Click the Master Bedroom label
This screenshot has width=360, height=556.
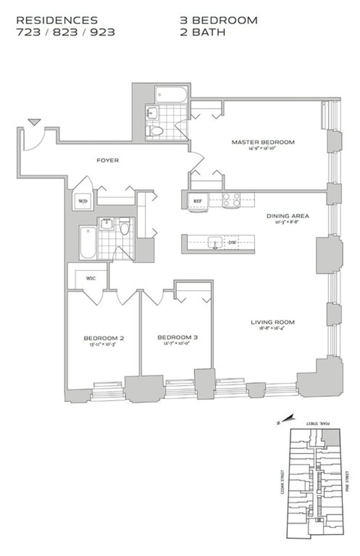tap(263, 142)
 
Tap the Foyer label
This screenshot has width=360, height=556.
tap(108, 160)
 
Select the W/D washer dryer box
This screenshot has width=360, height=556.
tap(83, 201)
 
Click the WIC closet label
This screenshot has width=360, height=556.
tap(91, 278)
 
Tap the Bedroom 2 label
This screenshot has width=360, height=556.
tap(103, 338)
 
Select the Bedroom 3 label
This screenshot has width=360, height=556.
tap(177, 337)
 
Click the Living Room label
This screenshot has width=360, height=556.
tap(273, 322)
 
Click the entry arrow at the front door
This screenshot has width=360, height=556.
tap(34, 122)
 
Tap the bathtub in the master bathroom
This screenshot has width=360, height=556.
tap(170, 95)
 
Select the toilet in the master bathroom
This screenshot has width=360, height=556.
tap(155, 130)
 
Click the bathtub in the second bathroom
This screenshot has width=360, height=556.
tap(88, 242)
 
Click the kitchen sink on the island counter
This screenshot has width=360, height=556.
tap(215, 242)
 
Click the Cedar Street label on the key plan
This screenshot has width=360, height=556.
tap(283, 481)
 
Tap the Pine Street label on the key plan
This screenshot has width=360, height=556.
tap(347, 481)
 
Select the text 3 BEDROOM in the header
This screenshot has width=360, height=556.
tap(219, 21)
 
